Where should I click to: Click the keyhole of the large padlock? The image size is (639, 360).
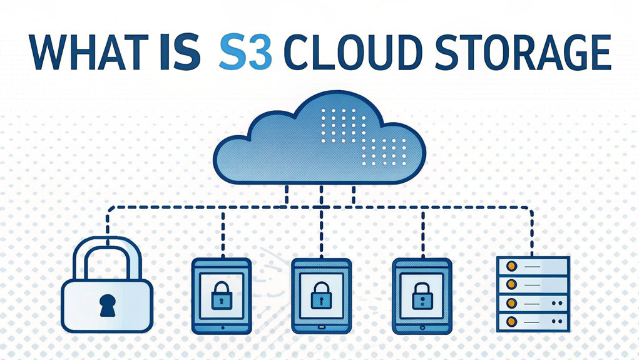pyautogui.click(x=106, y=304)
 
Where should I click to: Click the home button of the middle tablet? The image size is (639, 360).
pyautogui.click(x=321, y=326)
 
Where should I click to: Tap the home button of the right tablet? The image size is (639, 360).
pyautogui.click(x=422, y=326)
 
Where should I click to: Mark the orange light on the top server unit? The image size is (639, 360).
pyautogui.click(x=510, y=265)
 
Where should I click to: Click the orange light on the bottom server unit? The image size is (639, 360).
pyautogui.click(x=510, y=322)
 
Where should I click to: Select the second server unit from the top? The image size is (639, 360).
pyautogui.click(x=533, y=284)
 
